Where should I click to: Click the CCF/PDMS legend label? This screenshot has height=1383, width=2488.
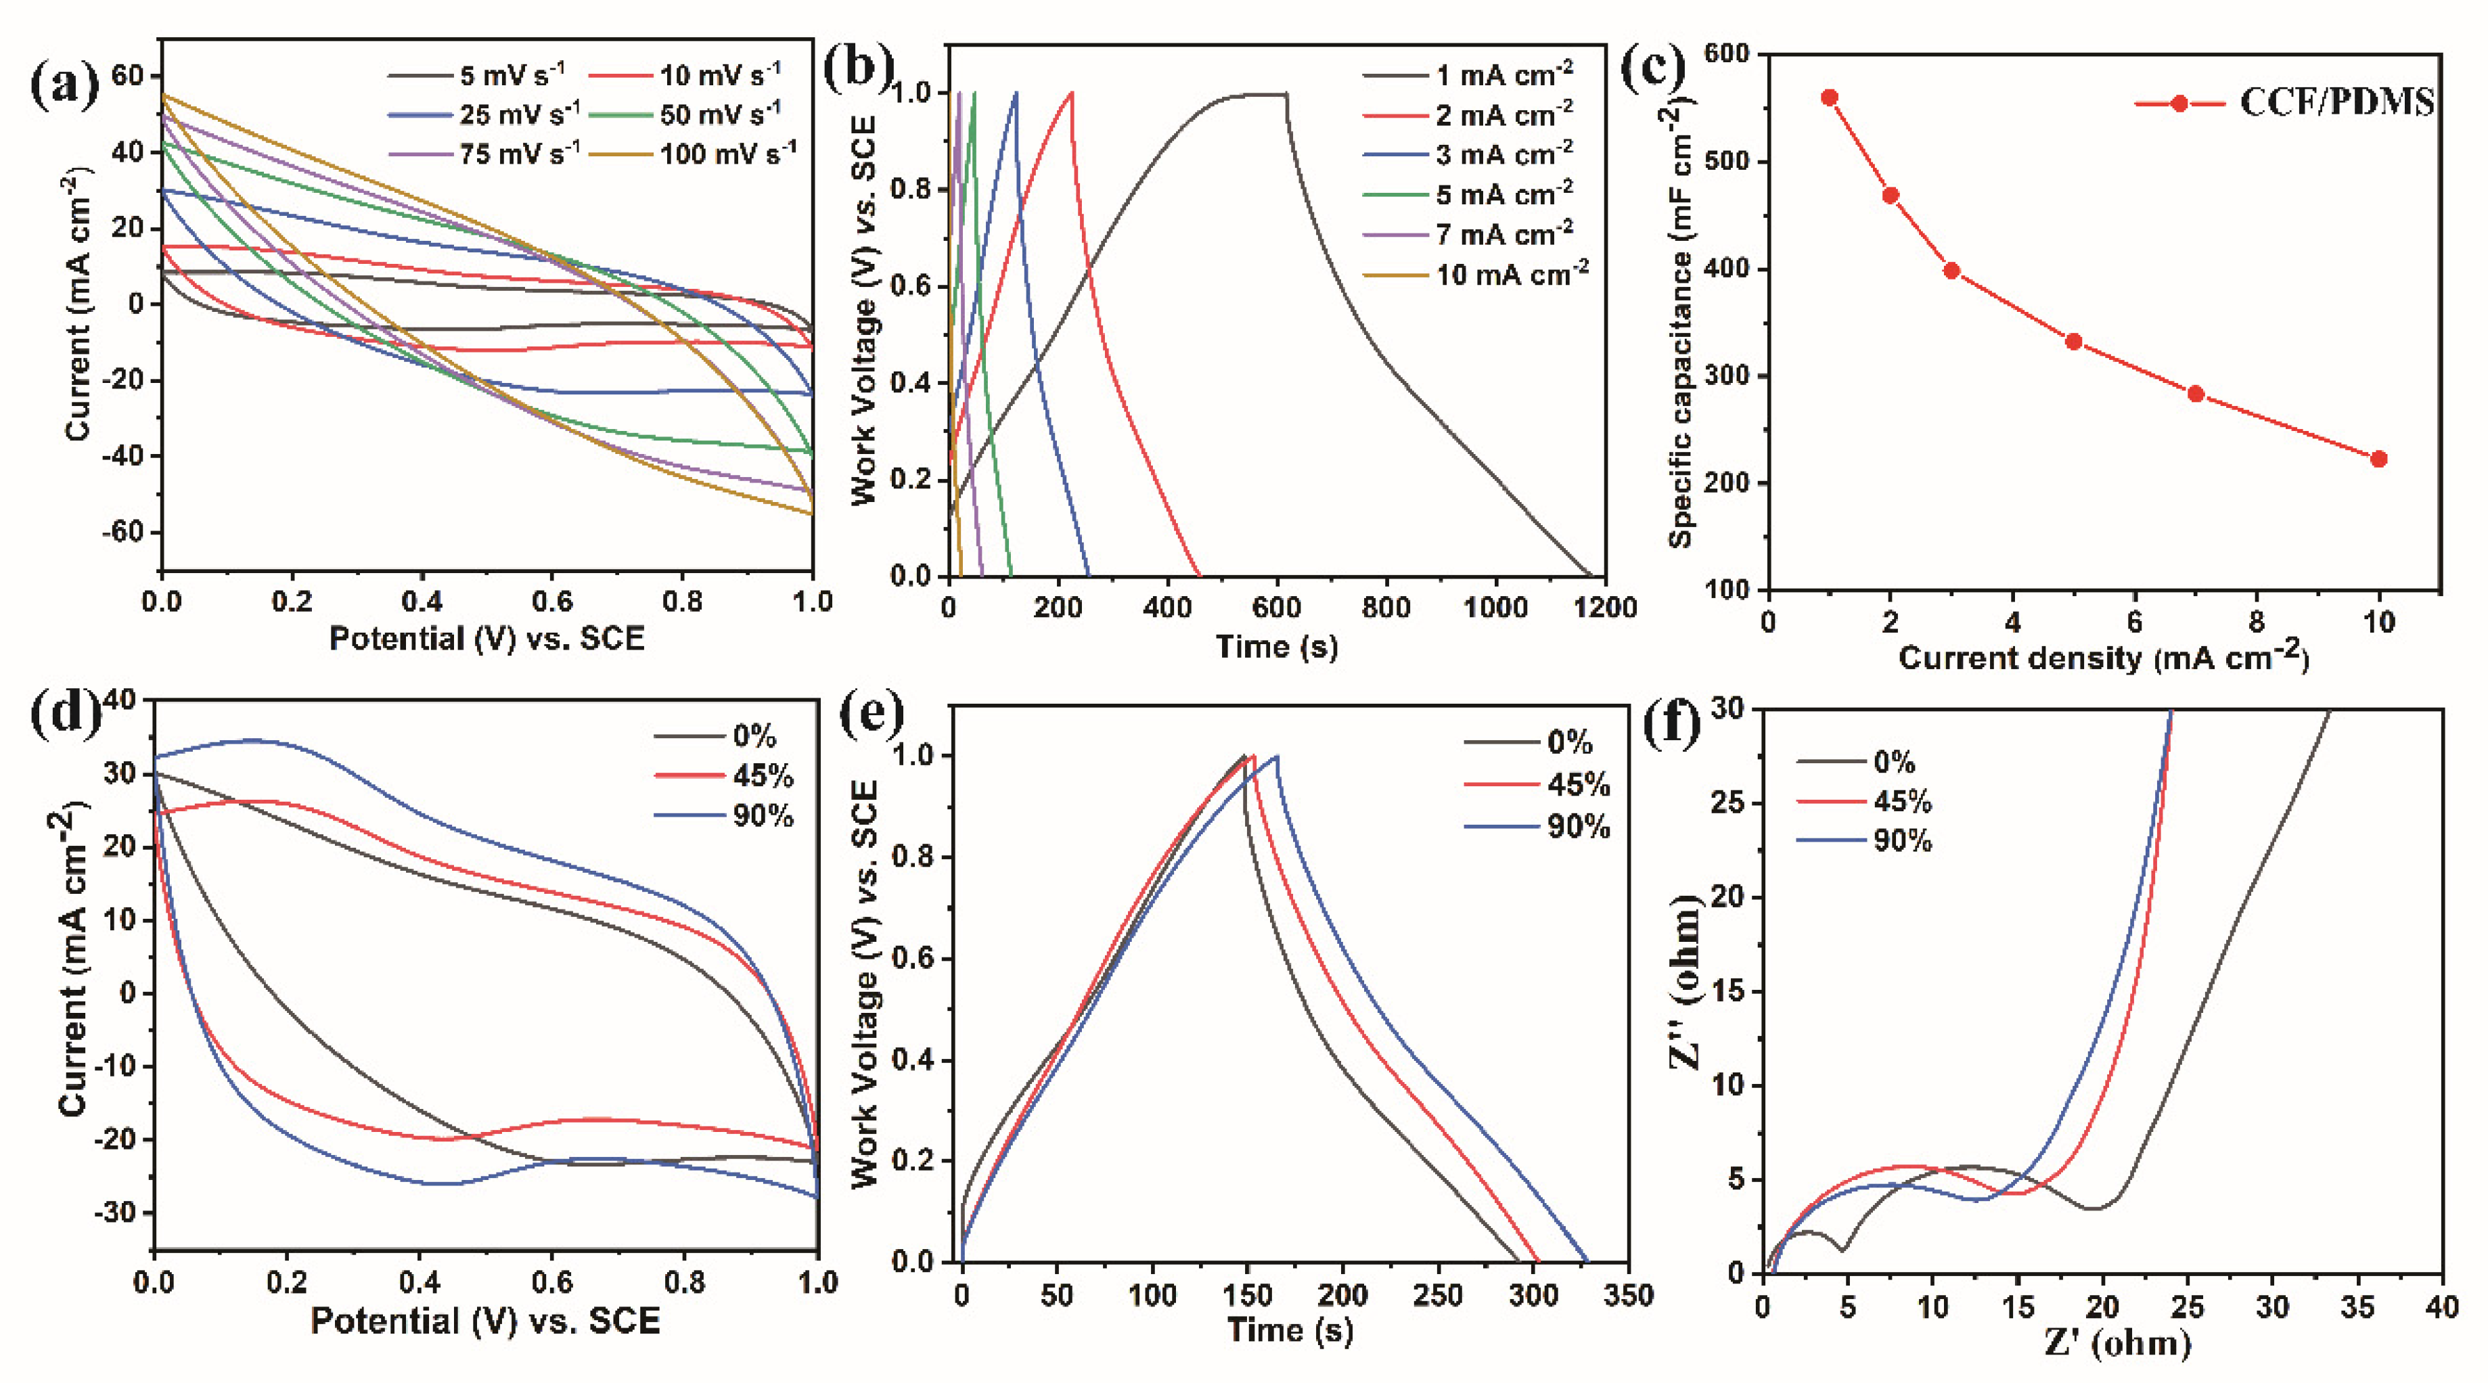(2335, 102)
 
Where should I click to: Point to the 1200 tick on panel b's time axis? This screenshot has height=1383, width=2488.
(1605, 608)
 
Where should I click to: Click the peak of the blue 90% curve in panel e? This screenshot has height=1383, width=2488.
(1277, 756)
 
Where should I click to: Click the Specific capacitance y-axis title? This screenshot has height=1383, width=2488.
(1681, 323)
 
